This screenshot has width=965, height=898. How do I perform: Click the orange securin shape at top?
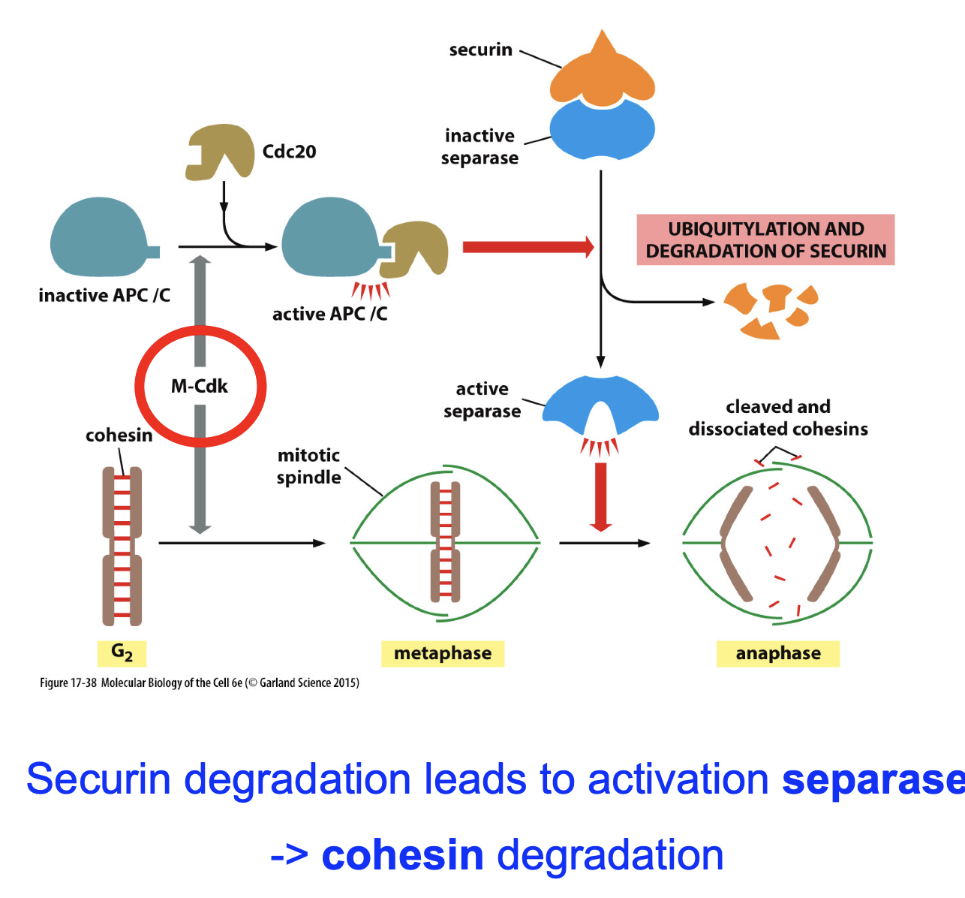(x=602, y=75)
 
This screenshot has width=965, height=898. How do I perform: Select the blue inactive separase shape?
(x=602, y=130)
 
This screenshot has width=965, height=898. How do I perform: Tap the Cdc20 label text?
(x=289, y=152)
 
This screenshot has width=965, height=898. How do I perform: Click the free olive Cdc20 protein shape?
(x=218, y=152)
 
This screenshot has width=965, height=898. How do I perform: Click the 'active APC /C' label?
(x=329, y=314)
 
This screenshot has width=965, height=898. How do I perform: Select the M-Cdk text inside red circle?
(x=200, y=387)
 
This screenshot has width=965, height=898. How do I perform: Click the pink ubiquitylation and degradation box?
(x=765, y=240)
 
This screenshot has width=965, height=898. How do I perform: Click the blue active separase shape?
(x=600, y=405)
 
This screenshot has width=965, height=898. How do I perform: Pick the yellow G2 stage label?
(x=122, y=653)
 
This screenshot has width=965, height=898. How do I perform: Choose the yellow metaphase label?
(x=443, y=653)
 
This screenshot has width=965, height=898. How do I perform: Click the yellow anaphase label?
(x=778, y=653)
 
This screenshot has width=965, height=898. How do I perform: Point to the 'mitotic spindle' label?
(x=308, y=466)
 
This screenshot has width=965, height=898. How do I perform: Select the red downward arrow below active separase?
(x=600, y=496)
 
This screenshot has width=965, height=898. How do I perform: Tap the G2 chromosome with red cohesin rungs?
(x=122, y=546)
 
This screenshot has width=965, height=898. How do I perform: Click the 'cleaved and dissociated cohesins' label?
(x=778, y=417)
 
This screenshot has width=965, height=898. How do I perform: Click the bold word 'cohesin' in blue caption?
(x=402, y=855)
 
